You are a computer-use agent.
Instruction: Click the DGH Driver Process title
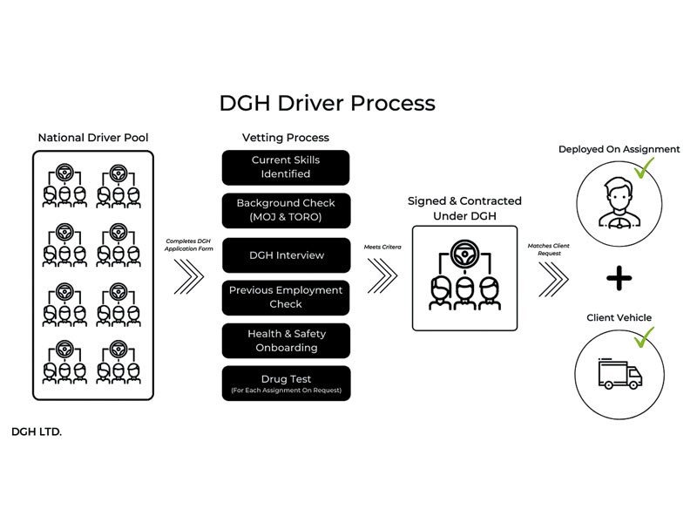[328, 103]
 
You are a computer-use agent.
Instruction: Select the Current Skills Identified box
[286, 167]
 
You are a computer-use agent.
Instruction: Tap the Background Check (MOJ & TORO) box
[287, 210]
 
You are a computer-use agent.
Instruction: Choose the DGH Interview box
[287, 255]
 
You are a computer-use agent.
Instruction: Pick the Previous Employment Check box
[286, 297]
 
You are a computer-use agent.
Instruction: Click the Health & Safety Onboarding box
[287, 341]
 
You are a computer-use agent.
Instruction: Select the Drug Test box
[287, 384]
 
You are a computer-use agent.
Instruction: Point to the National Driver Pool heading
[93, 138]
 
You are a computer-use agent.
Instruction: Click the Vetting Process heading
[286, 138]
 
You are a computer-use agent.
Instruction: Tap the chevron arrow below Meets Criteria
[382, 275]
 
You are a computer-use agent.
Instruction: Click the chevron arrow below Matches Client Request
[553, 279]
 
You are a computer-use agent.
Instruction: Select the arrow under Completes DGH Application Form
[189, 276]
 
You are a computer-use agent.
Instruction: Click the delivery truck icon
[620, 374]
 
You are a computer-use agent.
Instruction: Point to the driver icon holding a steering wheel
[619, 203]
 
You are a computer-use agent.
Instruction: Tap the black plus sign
[619, 278]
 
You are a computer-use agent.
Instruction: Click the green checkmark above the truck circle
[644, 337]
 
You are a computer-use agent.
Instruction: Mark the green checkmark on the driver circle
[644, 167]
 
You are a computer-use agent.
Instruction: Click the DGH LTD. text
[37, 431]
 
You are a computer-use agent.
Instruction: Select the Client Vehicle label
[619, 317]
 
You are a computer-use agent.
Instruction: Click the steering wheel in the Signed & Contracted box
[464, 254]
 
